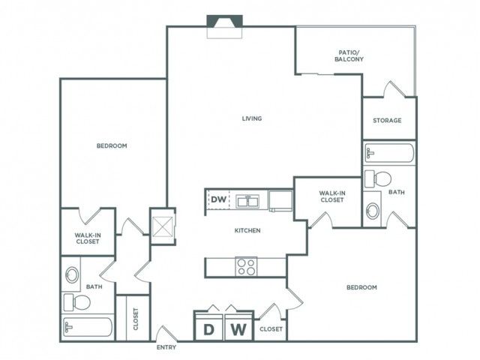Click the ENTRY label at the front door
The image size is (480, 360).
pyautogui.click(x=166, y=347)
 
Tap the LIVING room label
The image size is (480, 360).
pyautogui.click(x=252, y=118)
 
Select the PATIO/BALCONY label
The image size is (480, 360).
pyautogui.click(x=349, y=55)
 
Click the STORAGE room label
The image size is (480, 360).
pyautogui.click(x=387, y=120)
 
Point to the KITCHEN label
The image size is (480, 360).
pyautogui.click(x=247, y=230)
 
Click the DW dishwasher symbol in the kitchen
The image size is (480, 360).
pyautogui.click(x=218, y=199)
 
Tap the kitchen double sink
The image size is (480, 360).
pyautogui.click(x=247, y=201)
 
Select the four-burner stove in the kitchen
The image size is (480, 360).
pyautogui.click(x=246, y=267)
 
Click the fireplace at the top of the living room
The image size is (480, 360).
pyautogui.click(x=225, y=27)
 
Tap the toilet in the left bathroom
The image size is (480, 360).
pyautogui.click(x=77, y=302)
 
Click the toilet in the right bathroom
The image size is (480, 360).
pyautogui.click(x=378, y=178)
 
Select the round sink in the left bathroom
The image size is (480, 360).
pyautogui.click(x=72, y=274)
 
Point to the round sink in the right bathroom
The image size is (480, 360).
pyautogui.click(x=373, y=211)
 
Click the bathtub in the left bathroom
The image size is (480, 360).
pyautogui.click(x=88, y=327)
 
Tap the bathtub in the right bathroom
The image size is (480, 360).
pyautogui.click(x=389, y=153)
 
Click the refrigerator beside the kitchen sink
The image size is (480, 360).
pyautogui.click(x=280, y=200)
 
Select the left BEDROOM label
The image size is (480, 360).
pyautogui.click(x=112, y=145)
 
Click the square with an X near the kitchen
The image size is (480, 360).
pyautogui.click(x=163, y=226)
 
